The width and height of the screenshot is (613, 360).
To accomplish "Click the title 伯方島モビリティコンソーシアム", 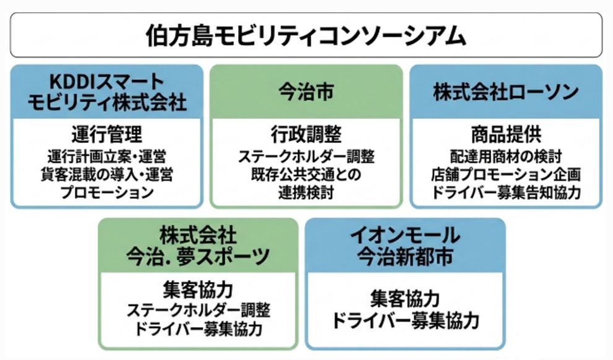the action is (x=306, y=36).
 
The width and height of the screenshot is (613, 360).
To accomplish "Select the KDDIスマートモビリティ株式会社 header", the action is (x=107, y=92).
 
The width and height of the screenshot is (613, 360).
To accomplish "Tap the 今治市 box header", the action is (x=306, y=92).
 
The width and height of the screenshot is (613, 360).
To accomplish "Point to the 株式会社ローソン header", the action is (x=506, y=92).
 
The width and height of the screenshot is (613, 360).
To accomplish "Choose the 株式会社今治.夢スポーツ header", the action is (x=198, y=246).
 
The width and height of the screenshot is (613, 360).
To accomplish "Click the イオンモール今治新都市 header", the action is (x=405, y=246).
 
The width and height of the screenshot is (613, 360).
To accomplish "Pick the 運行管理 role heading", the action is (x=107, y=134).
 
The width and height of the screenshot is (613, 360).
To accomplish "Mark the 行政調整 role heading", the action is (x=306, y=134).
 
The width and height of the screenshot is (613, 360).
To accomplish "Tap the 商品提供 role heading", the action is (x=506, y=134).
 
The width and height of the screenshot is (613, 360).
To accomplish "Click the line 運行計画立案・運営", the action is (x=107, y=156).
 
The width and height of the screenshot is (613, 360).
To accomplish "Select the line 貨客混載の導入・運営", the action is (x=107, y=174).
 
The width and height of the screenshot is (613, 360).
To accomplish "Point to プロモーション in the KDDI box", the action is (x=107, y=192).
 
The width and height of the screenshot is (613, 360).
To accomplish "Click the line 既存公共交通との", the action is (x=306, y=174).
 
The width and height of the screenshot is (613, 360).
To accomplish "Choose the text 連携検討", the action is (x=306, y=193).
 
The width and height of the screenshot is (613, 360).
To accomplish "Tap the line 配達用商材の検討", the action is (x=506, y=156).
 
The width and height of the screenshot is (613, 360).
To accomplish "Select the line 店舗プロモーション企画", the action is (x=506, y=174).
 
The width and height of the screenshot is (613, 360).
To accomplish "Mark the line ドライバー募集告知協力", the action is (x=506, y=193).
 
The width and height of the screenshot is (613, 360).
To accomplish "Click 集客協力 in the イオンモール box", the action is (x=405, y=298).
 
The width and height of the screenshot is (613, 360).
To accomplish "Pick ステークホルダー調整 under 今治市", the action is (x=306, y=156).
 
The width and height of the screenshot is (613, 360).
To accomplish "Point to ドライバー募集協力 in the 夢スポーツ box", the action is (x=198, y=328).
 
